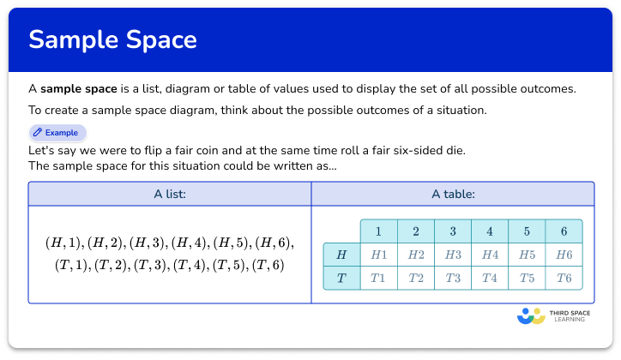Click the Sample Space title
pos(112,39)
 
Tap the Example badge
pos(57,133)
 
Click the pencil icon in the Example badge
pos(38,133)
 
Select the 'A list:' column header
pos(169,195)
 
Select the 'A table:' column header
pos(452,195)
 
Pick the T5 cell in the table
pos(526,278)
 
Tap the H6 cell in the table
pos(564,255)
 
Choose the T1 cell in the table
pos(378,278)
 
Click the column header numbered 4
pos(489,231)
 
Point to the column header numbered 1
pos(378,231)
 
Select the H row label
pos(341,255)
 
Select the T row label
pos(341,278)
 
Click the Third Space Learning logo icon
pos(532,316)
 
